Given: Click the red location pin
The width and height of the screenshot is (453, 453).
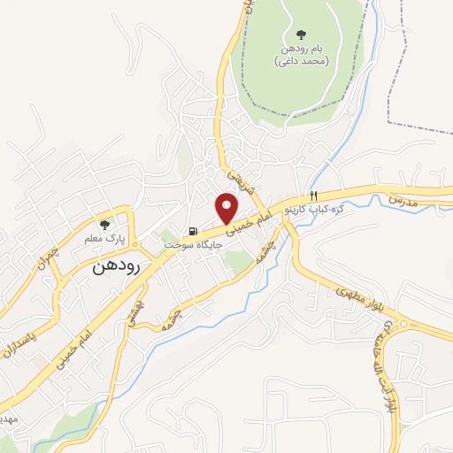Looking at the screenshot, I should [x=228, y=207].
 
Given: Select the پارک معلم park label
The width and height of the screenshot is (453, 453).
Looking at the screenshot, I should [x=105, y=239].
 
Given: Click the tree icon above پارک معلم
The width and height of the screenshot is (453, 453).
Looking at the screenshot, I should [x=105, y=225].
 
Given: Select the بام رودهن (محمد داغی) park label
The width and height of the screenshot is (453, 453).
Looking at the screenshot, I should [x=301, y=55].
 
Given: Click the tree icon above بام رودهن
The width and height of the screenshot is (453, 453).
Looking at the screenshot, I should [x=301, y=35].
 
